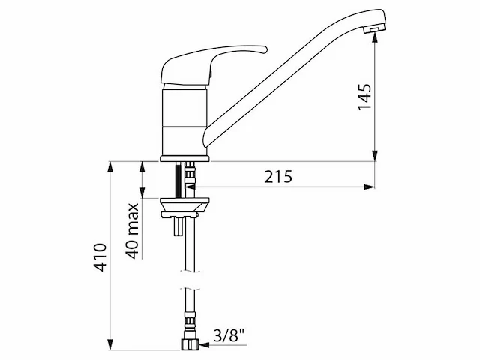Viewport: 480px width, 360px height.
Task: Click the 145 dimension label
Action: point(364,97)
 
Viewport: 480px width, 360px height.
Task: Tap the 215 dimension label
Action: point(278,177)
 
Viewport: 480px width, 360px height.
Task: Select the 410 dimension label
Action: point(100,257)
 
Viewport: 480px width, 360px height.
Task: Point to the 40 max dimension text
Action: point(132,230)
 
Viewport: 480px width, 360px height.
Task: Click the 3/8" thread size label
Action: point(229,335)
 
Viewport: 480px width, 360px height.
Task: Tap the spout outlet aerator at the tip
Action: point(373,29)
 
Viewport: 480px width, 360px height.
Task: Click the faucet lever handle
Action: point(211,65)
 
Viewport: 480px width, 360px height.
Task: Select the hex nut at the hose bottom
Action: point(190,344)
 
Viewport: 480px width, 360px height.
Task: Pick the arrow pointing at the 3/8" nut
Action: point(223,345)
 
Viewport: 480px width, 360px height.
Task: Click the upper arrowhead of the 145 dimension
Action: point(375,37)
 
